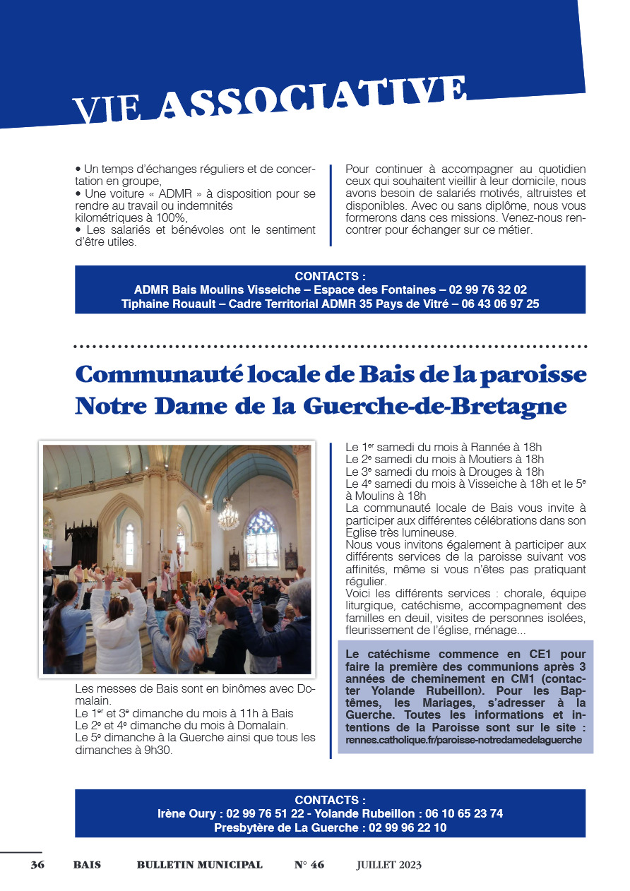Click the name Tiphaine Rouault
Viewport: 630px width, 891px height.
165,304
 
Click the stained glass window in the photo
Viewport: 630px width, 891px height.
261,538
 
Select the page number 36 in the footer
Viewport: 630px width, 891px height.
37,865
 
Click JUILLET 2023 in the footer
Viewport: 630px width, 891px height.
388,865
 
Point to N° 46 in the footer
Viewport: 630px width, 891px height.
309,865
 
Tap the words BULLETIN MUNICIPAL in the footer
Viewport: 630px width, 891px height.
199,865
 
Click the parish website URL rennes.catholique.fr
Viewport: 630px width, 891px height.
463,740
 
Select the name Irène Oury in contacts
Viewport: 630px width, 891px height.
188,814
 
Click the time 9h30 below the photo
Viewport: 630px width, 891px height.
160,751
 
